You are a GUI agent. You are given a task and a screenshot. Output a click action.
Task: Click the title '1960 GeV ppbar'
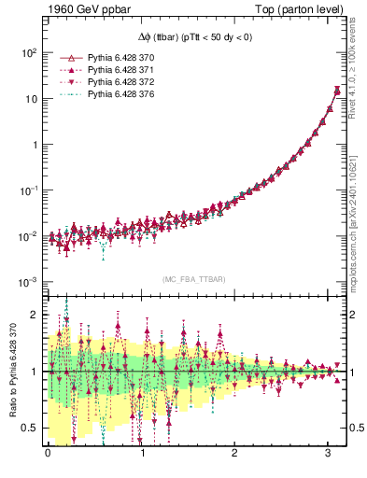coord(82,10)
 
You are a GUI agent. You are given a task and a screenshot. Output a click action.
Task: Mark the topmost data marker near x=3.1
coord(336,90)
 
